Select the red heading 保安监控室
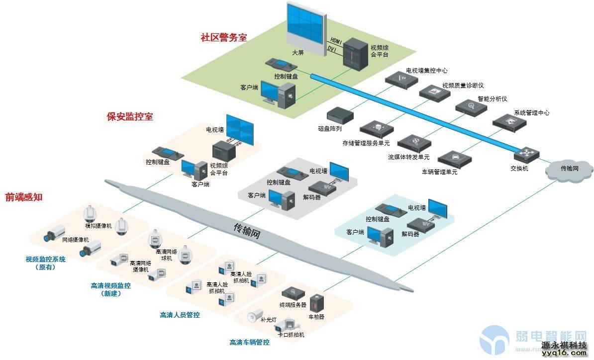click(130, 117)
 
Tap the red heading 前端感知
click(24, 197)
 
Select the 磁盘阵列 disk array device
click(340, 115)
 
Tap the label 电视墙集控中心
click(426, 71)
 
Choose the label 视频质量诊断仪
click(463, 86)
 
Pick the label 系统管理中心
click(531, 113)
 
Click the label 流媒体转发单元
click(409, 157)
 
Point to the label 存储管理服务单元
click(366, 143)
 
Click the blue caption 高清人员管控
click(180, 315)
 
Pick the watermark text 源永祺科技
click(564, 345)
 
